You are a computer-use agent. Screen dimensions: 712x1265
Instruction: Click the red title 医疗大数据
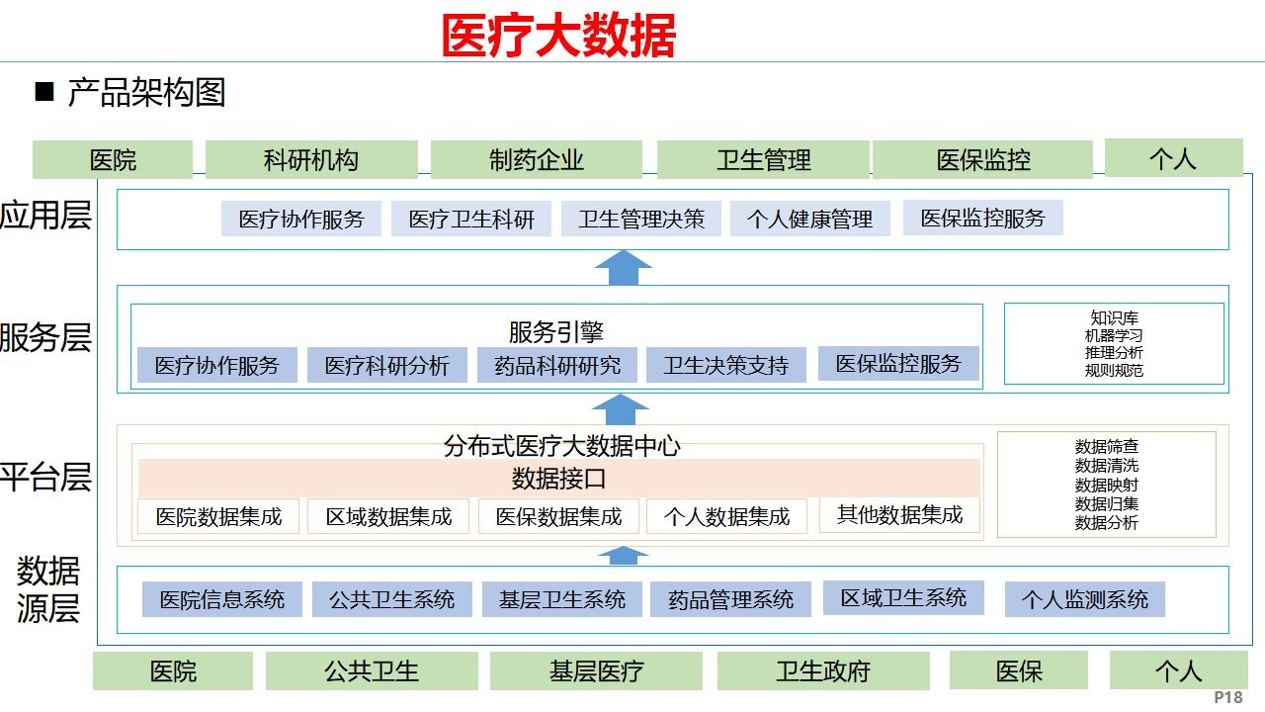[558, 37]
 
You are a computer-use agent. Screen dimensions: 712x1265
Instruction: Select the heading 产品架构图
[146, 93]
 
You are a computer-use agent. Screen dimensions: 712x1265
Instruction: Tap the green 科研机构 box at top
[311, 160]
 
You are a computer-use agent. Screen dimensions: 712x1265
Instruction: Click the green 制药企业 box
[537, 160]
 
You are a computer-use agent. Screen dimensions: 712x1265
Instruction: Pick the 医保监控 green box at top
[982, 160]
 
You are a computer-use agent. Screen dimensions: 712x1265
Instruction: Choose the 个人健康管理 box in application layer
[810, 219]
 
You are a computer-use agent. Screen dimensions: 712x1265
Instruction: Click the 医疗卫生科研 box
[471, 219]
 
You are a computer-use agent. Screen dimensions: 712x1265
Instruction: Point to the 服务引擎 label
[556, 332]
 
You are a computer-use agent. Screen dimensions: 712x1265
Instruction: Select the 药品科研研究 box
[557, 365]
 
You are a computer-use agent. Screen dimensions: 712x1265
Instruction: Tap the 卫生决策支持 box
[726, 365]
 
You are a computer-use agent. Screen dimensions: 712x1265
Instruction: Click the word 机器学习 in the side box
[1114, 336]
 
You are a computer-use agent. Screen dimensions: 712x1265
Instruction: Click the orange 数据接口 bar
[558, 480]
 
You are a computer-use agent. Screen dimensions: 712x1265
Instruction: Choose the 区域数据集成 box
[388, 516]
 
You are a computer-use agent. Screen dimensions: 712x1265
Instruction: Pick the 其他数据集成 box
[899, 514]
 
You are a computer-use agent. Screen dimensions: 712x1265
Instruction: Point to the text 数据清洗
[1107, 466]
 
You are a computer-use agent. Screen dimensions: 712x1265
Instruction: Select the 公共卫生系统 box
[391, 599]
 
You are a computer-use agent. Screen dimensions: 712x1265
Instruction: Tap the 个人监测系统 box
[1084, 599]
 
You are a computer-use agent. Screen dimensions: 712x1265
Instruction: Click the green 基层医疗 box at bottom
[596, 671]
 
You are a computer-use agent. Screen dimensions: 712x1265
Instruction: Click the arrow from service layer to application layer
[623, 268]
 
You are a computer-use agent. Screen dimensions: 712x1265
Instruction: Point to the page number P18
[1228, 697]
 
